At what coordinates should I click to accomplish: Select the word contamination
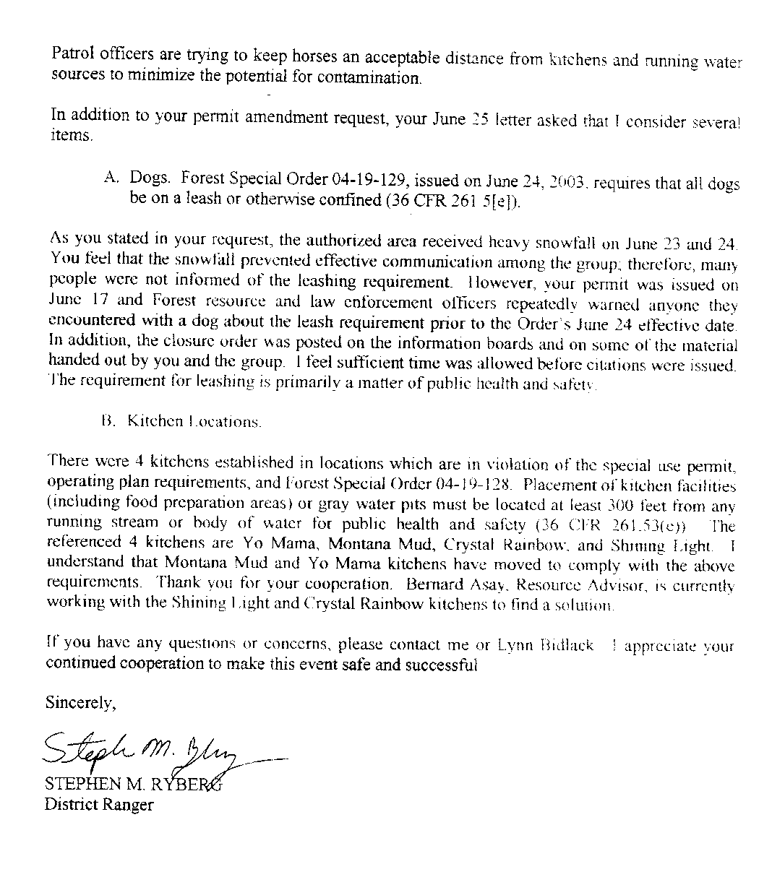373,77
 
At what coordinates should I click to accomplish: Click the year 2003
562,182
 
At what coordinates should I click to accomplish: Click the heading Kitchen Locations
194,421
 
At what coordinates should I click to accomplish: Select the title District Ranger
99,804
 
